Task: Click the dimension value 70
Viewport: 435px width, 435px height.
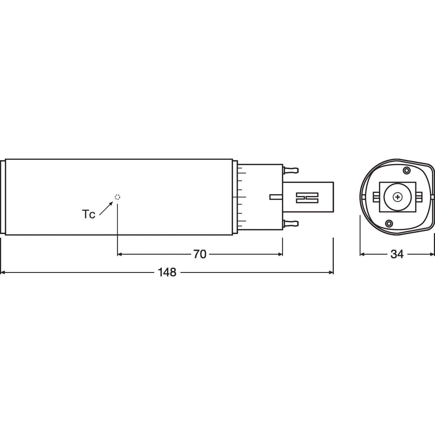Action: coord(200,254)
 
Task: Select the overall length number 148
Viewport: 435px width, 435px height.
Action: coord(167,273)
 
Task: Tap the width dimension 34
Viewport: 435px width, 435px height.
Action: coord(397,254)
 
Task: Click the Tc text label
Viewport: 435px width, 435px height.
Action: coord(89,215)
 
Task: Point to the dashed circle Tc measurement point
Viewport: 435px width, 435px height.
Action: coord(117,197)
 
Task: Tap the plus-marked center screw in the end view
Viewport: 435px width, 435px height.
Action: coord(397,197)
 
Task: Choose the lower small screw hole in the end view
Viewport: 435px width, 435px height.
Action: coord(389,223)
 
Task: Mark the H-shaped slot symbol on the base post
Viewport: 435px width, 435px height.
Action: coord(307,197)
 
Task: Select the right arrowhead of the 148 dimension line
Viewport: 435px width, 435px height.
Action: coord(331,273)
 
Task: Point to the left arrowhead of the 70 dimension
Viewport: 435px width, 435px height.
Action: coord(119,254)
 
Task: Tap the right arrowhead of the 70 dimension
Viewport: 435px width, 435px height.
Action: coord(280,254)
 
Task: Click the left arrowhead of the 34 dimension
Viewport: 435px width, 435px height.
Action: coord(362,254)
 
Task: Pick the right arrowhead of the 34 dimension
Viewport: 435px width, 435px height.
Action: coord(432,254)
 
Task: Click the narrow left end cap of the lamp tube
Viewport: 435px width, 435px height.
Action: coord(3,197)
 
